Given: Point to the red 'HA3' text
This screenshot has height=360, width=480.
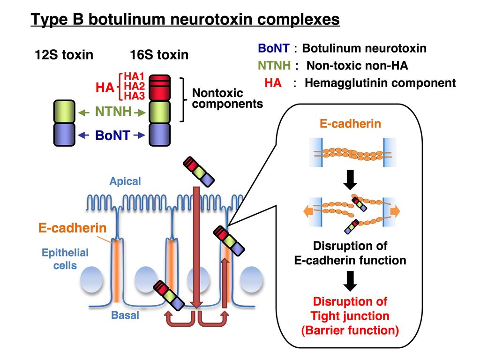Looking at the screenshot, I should (134, 96).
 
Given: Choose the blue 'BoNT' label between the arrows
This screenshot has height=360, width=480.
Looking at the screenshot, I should (112, 135).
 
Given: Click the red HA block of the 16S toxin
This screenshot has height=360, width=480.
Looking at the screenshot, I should (159, 87).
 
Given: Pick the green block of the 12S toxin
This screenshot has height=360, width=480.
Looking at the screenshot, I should (64, 112).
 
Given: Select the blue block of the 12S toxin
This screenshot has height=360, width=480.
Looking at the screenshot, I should (64, 134).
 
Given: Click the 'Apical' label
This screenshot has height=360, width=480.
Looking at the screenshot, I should (125, 181).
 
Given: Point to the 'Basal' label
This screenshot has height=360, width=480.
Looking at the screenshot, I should (125, 315).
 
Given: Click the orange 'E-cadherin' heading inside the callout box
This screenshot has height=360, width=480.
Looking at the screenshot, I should (350, 124).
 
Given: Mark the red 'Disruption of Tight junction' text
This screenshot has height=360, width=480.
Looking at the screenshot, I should (350, 316).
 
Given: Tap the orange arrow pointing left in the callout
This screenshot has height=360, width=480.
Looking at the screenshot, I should (308, 211).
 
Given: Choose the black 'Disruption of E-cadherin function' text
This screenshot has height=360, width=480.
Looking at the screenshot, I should (350, 253).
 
